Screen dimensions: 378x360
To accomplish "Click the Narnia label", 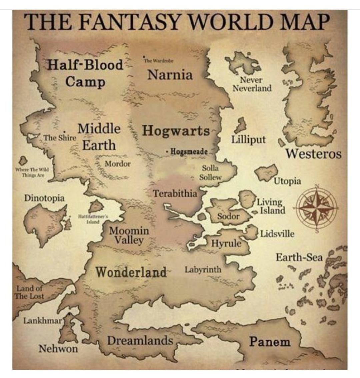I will point(170,74).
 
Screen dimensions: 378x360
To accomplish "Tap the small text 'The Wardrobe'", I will point(158,61).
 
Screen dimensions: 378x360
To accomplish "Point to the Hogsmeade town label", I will point(189,152).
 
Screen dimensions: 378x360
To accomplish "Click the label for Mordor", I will point(118,163).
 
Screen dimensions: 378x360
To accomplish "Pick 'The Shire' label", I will point(60,137).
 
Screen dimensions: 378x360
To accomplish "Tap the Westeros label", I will point(313,154).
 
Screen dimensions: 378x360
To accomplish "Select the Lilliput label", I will point(249,139).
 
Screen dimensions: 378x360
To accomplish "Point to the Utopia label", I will point(287,181).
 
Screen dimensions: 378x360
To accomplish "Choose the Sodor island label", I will point(228,216).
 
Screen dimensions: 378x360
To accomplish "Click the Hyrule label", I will point(226,243).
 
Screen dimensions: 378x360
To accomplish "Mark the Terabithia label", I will point(175,193).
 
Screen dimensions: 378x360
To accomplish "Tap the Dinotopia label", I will point(44,198).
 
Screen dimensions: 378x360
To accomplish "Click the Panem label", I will point(270,342).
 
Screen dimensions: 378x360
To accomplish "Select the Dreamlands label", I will point(140,341).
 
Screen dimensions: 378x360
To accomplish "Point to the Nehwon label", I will point(58,349).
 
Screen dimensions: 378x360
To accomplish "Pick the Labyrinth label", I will point(203,269).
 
